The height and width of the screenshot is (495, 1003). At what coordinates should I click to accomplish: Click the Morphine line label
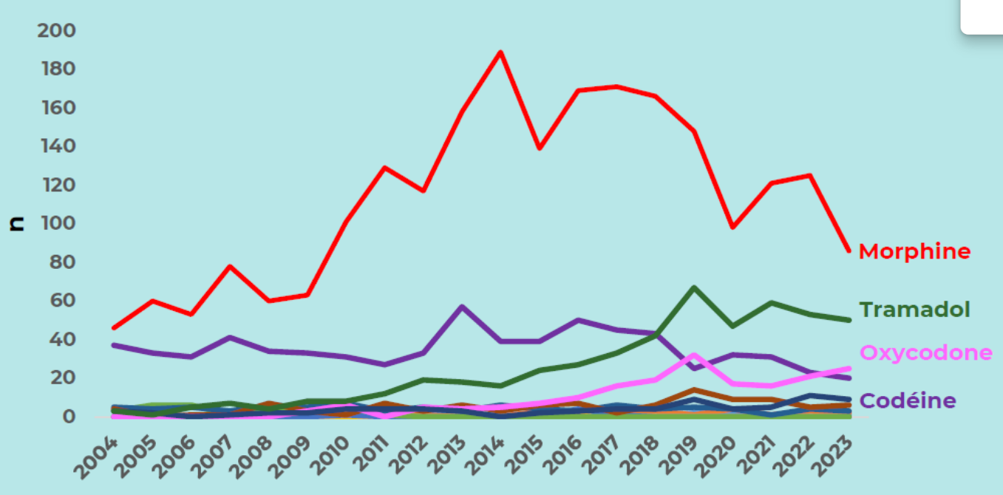[x=914, y=251]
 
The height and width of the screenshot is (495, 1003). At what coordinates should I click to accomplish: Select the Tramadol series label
[x=914, y=309]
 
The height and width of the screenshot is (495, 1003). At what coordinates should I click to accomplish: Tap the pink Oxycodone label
[x=926, y=352]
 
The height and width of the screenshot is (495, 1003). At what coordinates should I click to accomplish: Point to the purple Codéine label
[x=908, y=400]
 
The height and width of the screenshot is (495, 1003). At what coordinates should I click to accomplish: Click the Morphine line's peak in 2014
[x=500, y=52]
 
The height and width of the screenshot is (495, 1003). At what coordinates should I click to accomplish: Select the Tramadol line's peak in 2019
[x=693, y=287]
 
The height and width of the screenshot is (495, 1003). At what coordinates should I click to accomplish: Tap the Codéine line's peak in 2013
[x=462, y=307]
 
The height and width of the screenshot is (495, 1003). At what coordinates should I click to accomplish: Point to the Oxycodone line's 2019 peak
[x=693, y=355]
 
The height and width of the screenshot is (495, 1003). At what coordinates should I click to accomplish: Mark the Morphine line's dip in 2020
[x=732, y=227]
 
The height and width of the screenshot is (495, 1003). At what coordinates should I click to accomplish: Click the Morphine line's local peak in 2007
[x=231, y=266]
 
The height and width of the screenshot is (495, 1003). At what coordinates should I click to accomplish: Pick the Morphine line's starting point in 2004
[x=115, y=327]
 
